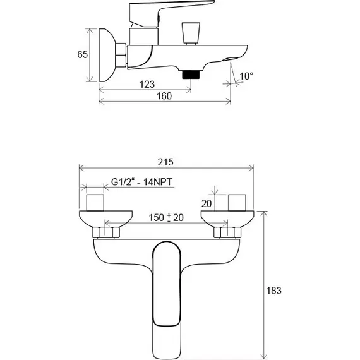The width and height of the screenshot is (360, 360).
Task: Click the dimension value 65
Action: (82, 55)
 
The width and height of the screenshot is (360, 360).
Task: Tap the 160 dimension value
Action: (164, 96)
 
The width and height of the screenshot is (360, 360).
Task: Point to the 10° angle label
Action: (246, 76)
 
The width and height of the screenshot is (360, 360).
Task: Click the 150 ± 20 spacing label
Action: (166, 217)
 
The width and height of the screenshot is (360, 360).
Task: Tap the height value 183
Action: (273, 291)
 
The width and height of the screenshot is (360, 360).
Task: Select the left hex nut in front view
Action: (104, 234)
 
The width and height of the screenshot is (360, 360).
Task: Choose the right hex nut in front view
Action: (227, 234)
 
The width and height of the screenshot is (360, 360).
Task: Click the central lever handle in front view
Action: (167, 291)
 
